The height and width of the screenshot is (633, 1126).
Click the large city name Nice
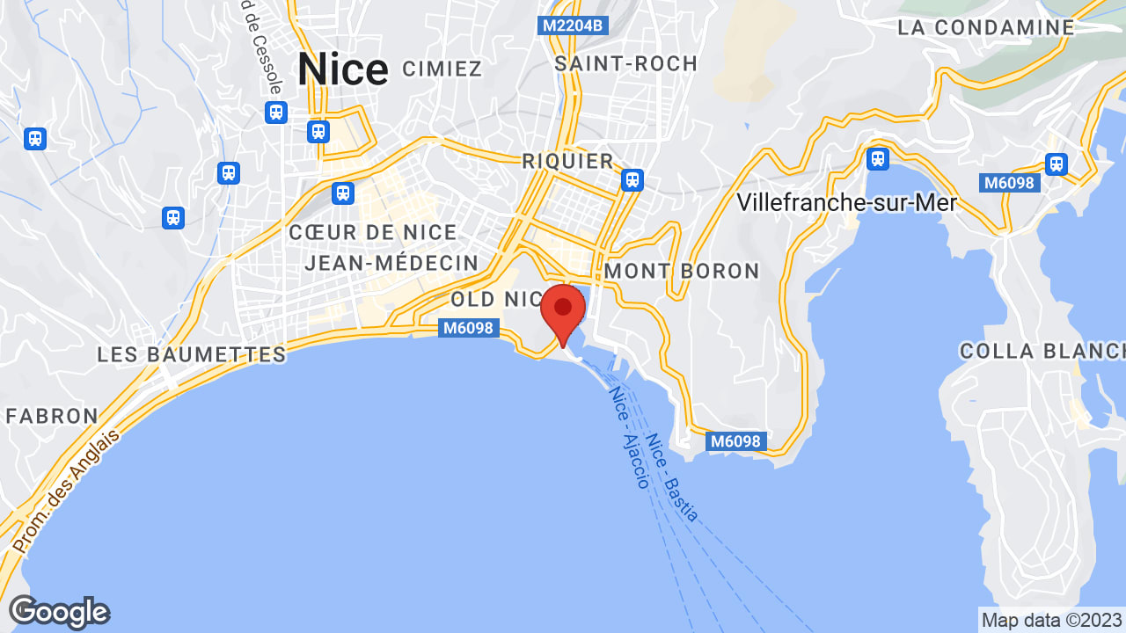coord(342,69)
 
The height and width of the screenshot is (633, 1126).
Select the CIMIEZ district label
coord(442,69)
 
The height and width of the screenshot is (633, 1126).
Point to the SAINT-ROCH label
coord(625,63)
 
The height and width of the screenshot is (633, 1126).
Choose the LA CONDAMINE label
coord(986,27)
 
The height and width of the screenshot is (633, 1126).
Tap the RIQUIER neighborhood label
coord(567,161)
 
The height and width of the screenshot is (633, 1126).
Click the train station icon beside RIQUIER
coord(632,180)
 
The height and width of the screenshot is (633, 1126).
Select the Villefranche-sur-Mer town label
coord(846,203)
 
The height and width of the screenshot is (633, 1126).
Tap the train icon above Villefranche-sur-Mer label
coord(876,158)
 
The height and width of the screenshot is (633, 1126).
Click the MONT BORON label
coord(682,271)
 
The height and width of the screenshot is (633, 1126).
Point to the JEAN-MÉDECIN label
coord(391,263)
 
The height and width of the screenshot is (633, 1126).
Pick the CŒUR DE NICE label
coord(373,233)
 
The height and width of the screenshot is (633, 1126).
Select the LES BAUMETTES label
coord(192,355)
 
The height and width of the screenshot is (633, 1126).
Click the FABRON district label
coord(52,416)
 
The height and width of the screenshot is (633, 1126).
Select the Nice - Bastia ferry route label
coord(672,477)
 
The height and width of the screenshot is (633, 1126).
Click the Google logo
coord(59,612)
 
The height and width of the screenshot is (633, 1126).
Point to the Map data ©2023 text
coord(1052,620)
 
